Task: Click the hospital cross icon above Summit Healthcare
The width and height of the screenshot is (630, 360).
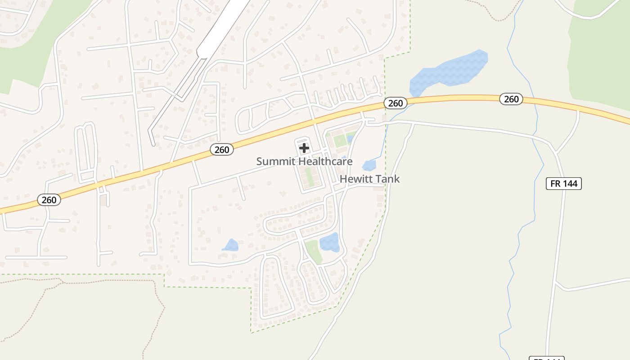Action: coord(304,148)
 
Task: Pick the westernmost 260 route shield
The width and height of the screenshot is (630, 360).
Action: coord(49,200)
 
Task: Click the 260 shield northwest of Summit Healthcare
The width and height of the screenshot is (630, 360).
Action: coord(222,150)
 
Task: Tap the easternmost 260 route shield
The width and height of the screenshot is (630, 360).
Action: coord(511,99)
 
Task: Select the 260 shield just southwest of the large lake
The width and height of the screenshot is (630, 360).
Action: coord(396,103)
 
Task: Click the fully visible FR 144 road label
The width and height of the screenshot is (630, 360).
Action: coord(564,183)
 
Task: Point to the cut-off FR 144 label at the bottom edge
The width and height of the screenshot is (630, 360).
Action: coord(546,358)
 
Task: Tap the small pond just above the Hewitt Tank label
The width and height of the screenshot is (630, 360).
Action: coord(369,165)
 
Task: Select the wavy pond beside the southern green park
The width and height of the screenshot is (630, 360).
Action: coord(329,242)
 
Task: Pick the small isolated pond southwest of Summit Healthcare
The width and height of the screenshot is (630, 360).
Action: coord(231,246)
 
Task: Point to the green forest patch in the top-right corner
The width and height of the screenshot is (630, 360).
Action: coord(601,49)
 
